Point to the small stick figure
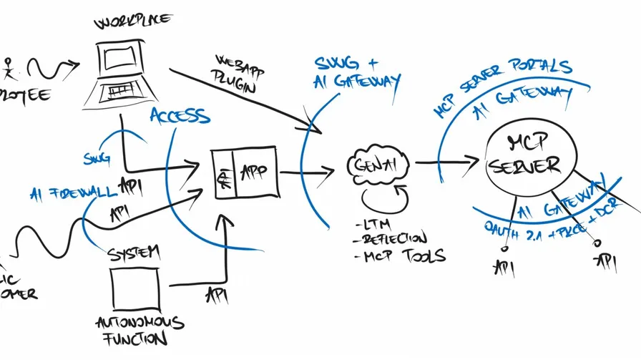coord(9,67)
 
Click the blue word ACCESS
coord(180,116)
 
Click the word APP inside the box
coord(253,172)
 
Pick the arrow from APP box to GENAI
coord(307,172)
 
